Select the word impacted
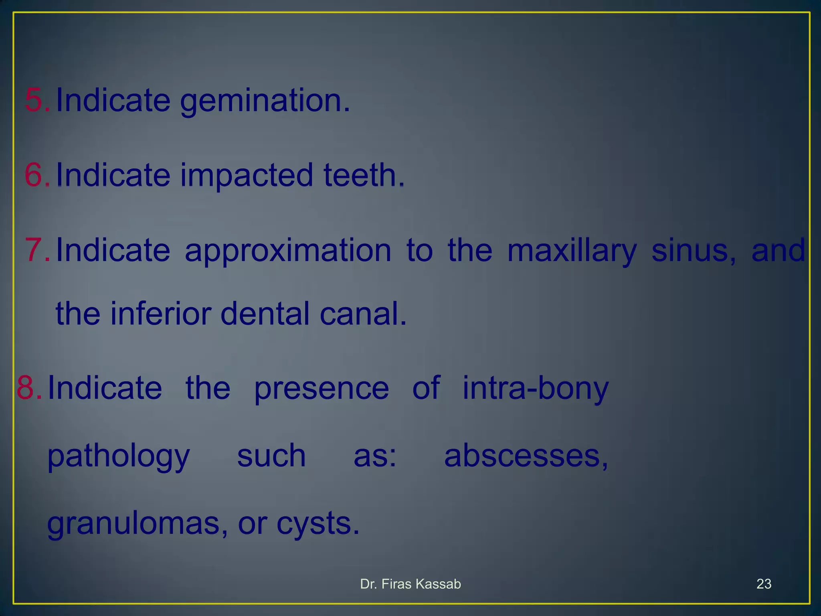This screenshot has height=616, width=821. pos(246,175)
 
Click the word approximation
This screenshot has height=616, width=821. pos(288,251)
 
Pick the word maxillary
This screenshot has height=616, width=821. pos(572,251)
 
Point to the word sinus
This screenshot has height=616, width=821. pos(694,251)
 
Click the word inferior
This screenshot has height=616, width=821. pos(160,314)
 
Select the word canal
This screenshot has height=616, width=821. pos(363,314)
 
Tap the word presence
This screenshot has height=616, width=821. pos(322,388)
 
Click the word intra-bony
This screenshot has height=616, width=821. pos(536,388)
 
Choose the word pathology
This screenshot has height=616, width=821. pos(119,456)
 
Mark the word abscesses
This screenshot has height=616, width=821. pos(526,456)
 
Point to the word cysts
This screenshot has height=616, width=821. pos(317,524)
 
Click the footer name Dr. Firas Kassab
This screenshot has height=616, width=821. pos(410,584)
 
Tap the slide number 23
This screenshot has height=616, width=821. pos(764,584)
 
